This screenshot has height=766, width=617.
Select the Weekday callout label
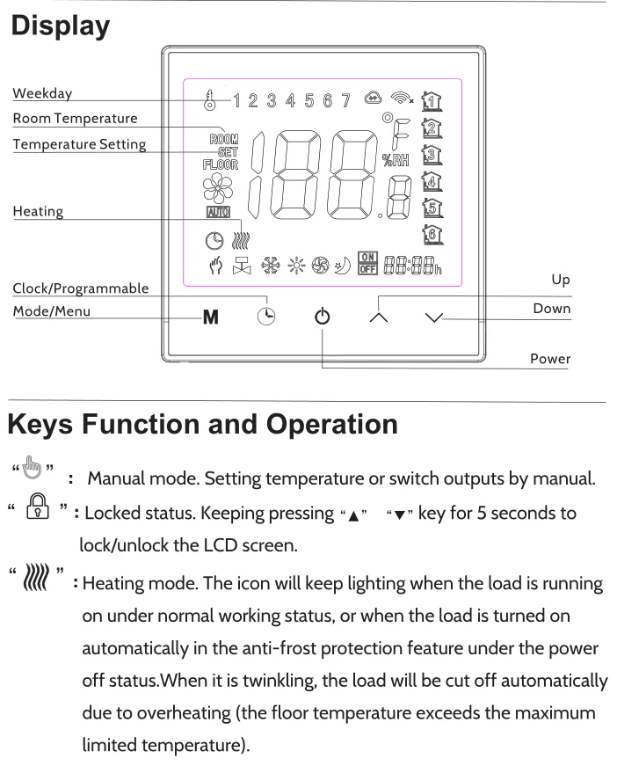(42, 93)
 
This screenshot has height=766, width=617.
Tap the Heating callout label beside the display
(37, 212)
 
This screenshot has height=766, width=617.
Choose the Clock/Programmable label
(80, 288)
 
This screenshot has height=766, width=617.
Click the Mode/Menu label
(51, 310)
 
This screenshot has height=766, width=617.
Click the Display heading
(60, 26)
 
